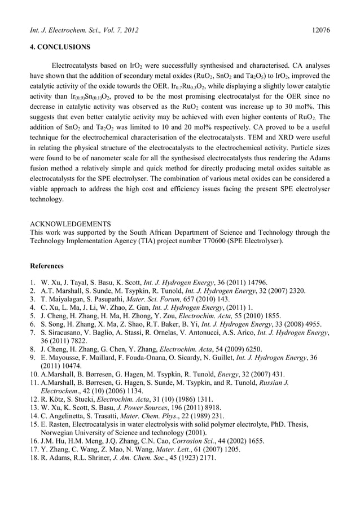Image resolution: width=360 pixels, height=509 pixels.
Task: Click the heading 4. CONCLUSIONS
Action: click(59, 47)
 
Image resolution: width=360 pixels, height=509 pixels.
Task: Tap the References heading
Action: click(47, 265)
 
